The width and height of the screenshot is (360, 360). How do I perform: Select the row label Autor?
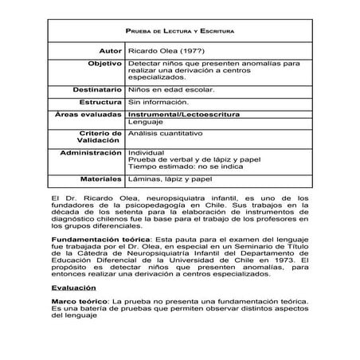108,49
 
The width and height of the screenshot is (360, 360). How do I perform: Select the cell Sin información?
159,102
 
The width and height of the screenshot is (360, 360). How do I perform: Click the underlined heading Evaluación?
72,287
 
